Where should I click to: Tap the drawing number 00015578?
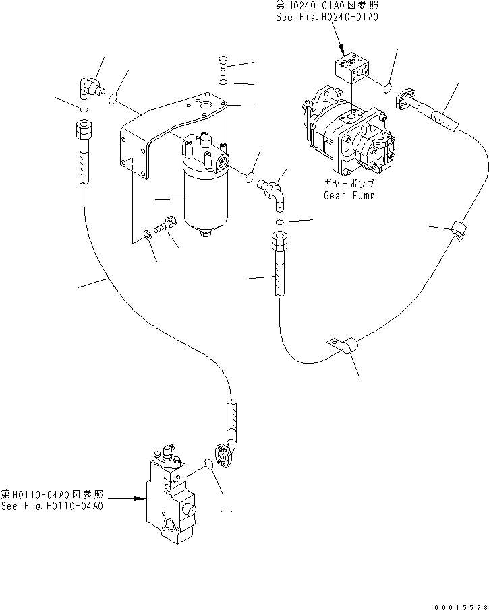[457, 607]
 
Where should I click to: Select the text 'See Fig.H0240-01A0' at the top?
[326, 18]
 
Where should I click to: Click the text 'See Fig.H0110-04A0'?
[52, 506]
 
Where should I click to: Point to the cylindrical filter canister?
[207, 196]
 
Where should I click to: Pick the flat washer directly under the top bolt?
[224, 83]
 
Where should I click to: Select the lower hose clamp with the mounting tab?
[347, 347]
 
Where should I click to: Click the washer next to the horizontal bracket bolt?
[148, 236]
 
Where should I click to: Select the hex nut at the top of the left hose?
[83, 126]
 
